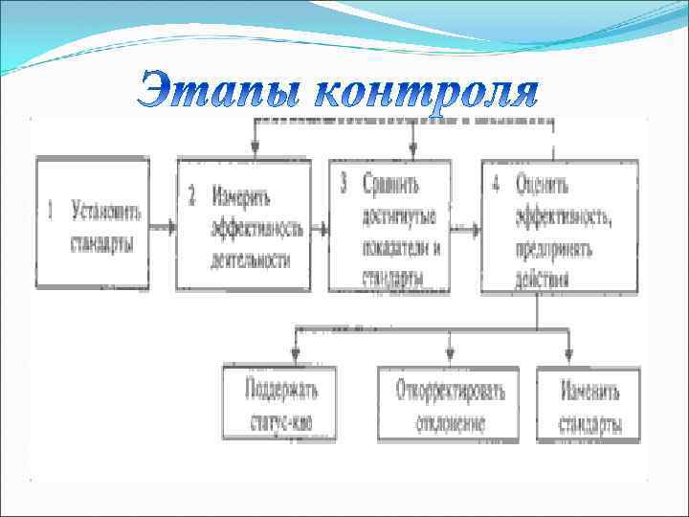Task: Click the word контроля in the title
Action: coord(427,94)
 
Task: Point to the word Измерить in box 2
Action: coord(241,197)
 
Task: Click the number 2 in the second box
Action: coord(191,197)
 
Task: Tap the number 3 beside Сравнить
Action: coord(343,183)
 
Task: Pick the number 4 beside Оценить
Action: coord(495,184)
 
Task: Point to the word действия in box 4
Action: coord(542,280)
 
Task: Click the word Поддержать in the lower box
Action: coord(281,390)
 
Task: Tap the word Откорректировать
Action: coord(450,390)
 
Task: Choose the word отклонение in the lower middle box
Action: coord(450,422)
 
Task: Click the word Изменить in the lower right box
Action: coord(590,391)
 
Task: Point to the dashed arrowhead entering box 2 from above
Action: coord(255,148)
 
